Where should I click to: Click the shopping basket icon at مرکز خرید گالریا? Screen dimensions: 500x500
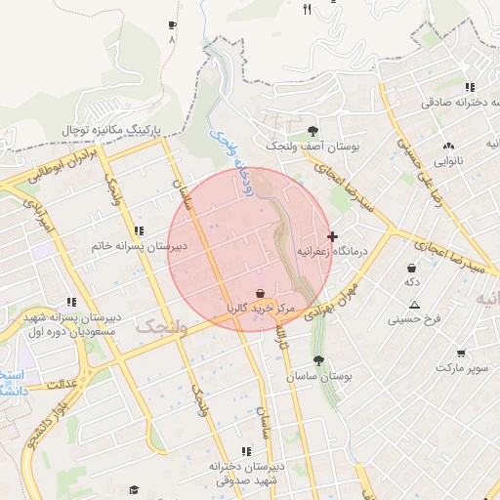(260, 293)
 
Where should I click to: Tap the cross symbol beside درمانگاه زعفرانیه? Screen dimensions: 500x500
(333, 236)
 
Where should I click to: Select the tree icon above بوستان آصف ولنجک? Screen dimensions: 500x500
(312, 130)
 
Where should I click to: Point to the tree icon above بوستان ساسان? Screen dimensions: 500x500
(318, 360)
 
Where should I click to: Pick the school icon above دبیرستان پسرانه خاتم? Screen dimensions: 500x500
(138, 231)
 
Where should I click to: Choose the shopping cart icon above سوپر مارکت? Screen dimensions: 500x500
(460, 353)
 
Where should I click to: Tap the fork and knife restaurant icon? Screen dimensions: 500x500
(308, 10)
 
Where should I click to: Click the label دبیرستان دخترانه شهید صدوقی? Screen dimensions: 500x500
(244, 474)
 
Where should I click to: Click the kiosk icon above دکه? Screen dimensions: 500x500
(412, 268)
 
